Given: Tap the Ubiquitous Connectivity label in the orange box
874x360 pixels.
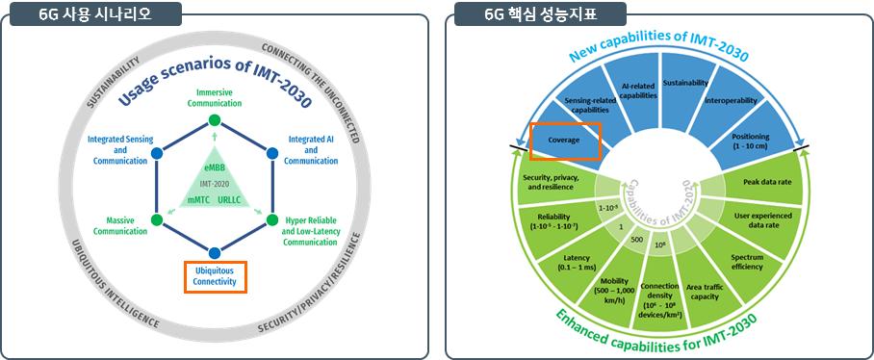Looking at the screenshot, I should pos(216,276).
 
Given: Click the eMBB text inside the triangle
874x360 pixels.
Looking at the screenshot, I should pos(215,168).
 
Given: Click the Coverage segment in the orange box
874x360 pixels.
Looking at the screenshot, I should pos(565,140).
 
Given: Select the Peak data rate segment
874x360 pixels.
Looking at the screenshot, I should pos(766,182).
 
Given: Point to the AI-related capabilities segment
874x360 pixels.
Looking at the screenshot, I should pos(638,90).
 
